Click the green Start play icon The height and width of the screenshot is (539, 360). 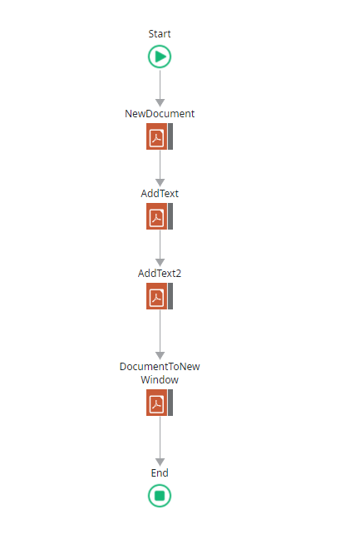pyautogui.click(x=160, y=57)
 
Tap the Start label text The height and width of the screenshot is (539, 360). pyautogui.click(x=160, y=33)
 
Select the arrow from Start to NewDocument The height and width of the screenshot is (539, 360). pyautogui.click(x=160, y=88)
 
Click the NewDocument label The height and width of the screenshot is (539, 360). pyautogui.click(x=160, y=113)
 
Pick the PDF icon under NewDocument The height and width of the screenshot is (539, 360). pyautogui.click(x=156, y=136)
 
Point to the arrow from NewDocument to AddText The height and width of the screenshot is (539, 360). pyautogui.click(x=160, y=168)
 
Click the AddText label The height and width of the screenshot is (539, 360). pyautogui.click(x=160, y=194)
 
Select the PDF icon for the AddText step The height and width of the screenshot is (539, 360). pyautogui.click(x=156, y=216)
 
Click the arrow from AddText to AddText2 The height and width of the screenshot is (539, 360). pyautogui.click(x=160, y=248)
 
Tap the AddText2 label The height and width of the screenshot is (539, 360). pyautogui.click(x=160, y=274)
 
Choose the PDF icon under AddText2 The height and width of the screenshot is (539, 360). pyautogui.click(x=156, y=296)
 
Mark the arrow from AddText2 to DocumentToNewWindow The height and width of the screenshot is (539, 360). pyautogui.click(x=160, y=334)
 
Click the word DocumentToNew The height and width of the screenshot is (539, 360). pyautogui.click(x=160, y=367)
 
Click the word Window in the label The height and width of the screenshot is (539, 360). pyautogui.click(x=160, y=380)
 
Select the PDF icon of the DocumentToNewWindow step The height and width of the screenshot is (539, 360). pyautogui.click(x=156, y=403)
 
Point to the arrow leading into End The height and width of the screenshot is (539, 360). pyautogui.click(x=160, y=441)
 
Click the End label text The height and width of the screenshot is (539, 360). pyautogui.click(x=160, y=473)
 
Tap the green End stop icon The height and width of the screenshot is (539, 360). pyautogui.click(x=160, y=496)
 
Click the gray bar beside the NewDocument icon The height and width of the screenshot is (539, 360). pyautogui.click(x=170, y=136)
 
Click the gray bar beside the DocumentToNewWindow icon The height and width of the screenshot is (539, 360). pyautogui.click(x=170, y=403)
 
